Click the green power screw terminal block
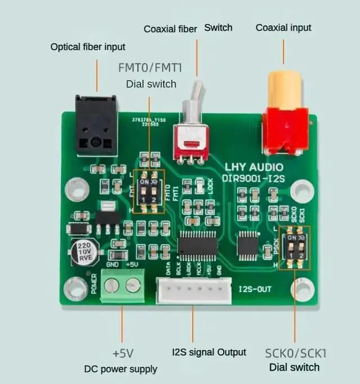[121, 286]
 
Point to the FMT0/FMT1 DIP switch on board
[149, 192]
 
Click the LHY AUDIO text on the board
[254, 168]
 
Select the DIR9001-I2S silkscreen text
[254, 178]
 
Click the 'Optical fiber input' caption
[88, 47]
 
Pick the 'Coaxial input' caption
[283, 28]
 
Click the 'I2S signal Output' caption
[209, 353]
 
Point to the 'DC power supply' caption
[120, 369]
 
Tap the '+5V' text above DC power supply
[123, 354]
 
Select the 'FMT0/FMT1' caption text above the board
[149, 68]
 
